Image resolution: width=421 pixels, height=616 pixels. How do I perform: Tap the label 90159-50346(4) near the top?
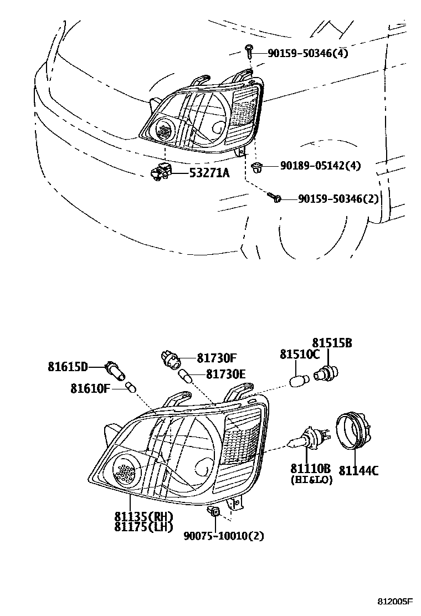308,53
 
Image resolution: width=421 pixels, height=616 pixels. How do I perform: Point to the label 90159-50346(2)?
338,198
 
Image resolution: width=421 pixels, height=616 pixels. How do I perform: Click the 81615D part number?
68,366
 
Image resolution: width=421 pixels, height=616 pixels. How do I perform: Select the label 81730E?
225,374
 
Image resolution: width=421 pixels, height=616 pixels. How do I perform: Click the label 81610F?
90,388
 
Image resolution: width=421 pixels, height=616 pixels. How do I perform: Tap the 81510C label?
300,354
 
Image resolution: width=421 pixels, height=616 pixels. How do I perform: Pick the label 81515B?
332,343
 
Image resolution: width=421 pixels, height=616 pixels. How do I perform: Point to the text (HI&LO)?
311,480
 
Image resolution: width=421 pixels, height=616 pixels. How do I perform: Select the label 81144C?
358,470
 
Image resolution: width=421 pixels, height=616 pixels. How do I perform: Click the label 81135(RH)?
144,516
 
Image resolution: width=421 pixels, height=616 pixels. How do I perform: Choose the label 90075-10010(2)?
224,536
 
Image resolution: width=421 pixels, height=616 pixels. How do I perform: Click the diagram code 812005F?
396,602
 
